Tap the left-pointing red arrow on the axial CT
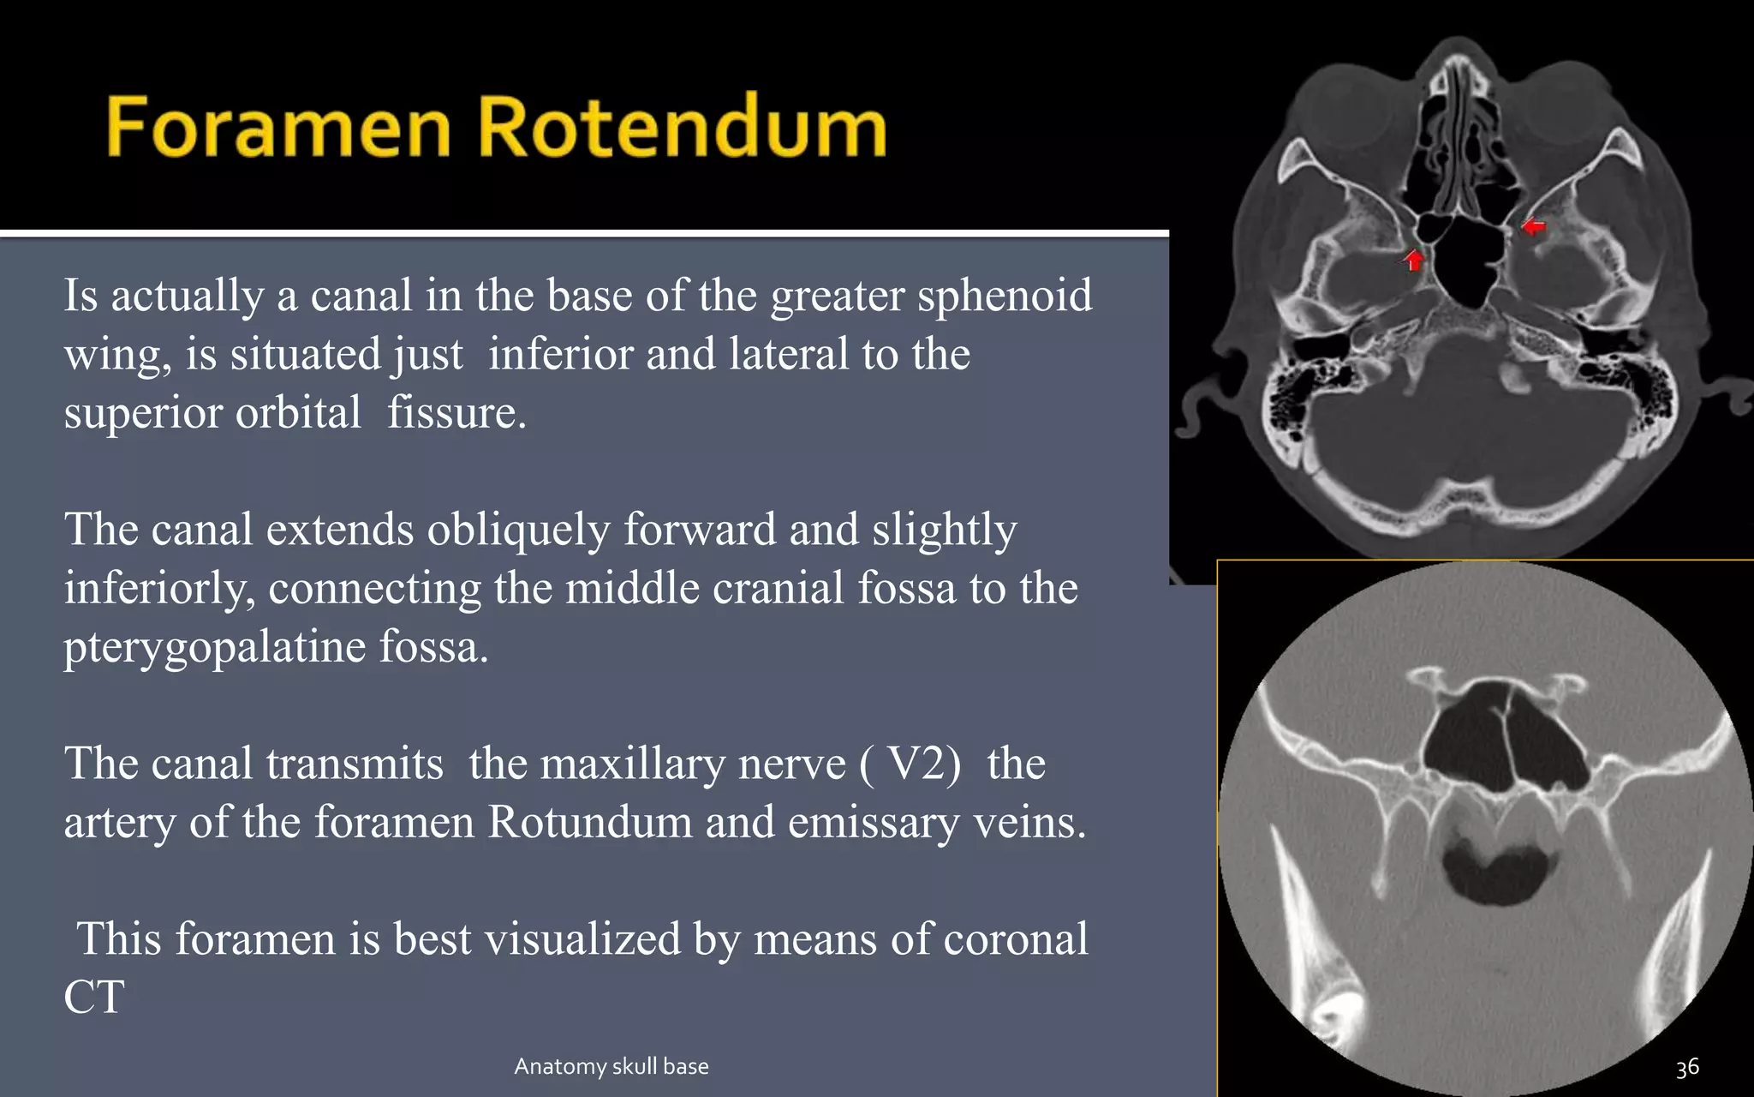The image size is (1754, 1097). coord(1533,227)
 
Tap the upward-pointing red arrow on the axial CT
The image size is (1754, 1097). coord(1414,258)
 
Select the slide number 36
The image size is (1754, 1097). coord(1687,1068)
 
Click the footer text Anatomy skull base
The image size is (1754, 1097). coord(611,1066)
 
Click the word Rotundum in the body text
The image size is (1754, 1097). coord(590,822)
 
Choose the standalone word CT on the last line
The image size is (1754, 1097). coord(94,997)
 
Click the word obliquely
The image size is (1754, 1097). coord(518,530)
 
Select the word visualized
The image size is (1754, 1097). coord(582,938)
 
